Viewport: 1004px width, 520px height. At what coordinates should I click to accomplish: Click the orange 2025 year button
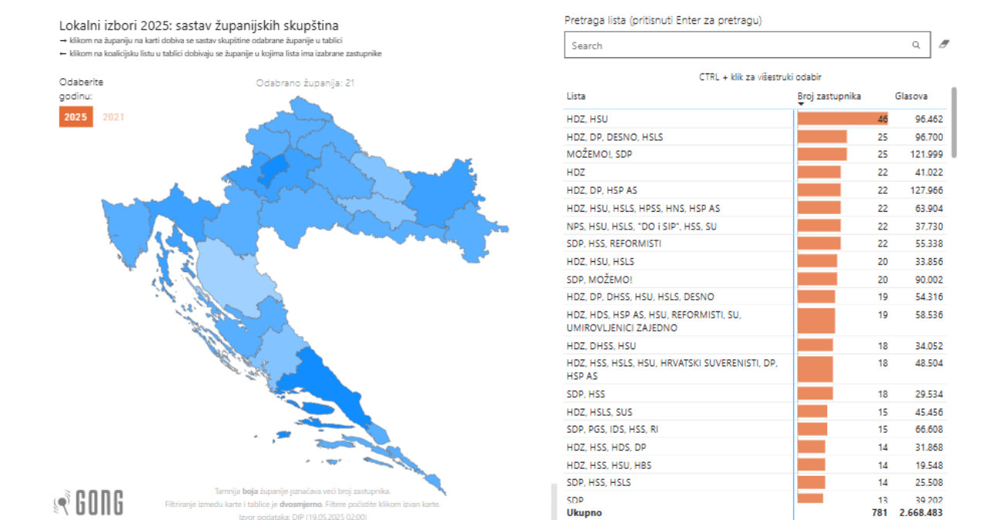point(76,117)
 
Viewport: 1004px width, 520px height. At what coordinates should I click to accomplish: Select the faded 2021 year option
point(114,117)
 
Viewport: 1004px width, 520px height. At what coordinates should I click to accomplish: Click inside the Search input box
point(734,46)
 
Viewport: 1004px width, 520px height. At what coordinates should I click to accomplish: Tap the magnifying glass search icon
point(916,46)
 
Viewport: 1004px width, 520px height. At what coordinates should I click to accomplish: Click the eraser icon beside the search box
point(943,45)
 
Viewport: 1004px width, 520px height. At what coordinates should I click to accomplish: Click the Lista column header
point(576,97)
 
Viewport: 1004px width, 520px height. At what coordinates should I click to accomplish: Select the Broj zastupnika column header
point(829,97)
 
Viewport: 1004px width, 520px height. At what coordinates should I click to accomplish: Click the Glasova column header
point(911,97)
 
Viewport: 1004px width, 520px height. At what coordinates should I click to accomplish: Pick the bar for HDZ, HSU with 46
point(842,119)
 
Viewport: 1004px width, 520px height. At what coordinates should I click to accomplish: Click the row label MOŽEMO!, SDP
point(599,155)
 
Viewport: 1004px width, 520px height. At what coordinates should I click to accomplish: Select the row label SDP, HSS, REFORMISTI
point(613,243)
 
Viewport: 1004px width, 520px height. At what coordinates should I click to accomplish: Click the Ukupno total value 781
point(880,513)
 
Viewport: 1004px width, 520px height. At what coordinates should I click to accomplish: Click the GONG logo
point(89,503)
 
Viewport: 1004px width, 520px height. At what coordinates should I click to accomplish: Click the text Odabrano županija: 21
point(305,83)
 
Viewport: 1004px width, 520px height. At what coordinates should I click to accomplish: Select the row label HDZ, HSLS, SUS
point(599,412)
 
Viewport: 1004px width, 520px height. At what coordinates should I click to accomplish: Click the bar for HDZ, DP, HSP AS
point(819,190)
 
